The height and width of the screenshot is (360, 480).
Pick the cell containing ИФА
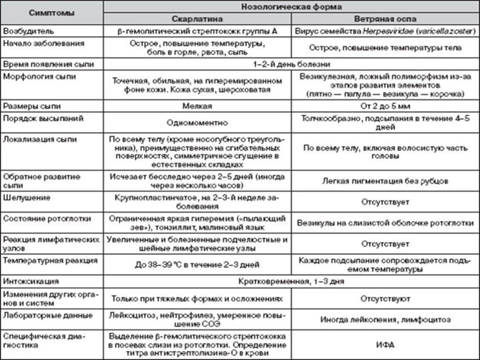pyautogui.click(x=386, y=343)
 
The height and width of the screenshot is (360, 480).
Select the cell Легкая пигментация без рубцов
pyautogui.click(x=386, y=181)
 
